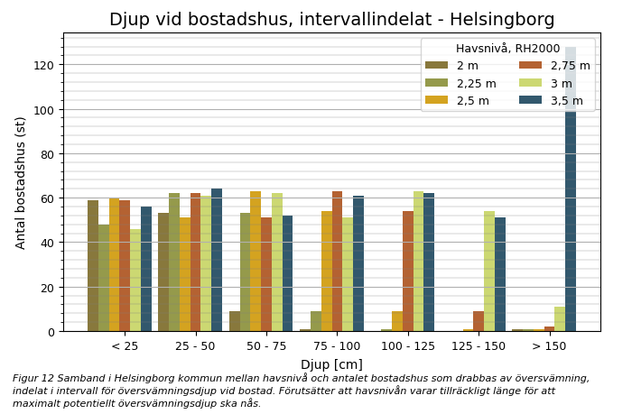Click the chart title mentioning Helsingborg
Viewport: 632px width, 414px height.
(x=331, y=20)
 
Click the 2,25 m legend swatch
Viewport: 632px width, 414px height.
(x=436, y=84)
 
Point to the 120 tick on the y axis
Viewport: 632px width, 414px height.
(x=44, y=65)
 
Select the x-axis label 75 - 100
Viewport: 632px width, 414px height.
(x=337, y=346)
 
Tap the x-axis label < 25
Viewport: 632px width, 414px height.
(x=125, y=346)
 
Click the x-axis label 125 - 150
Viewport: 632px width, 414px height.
(x=479, y=346)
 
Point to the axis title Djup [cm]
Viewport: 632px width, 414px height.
(x=331, y=364)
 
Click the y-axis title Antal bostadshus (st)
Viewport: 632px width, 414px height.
(x=21, y=182)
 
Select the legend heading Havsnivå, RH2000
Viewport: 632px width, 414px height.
(x=507, y=49)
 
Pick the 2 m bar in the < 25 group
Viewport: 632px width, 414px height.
(x=93, y=266)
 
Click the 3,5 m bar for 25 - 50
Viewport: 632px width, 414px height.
(x=217, y=261)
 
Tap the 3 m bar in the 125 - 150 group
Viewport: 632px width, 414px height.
(x=489, y=271)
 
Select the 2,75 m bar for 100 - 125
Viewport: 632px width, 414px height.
(x=408, y=271)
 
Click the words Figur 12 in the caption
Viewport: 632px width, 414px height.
(x=33, y=379)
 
